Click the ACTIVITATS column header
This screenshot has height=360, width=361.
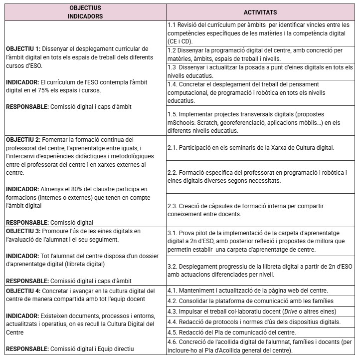point(260,12)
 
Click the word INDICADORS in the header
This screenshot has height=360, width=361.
point(85,16)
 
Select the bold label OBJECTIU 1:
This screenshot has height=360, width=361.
point(23,49)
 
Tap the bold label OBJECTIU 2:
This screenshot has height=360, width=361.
point(23,140)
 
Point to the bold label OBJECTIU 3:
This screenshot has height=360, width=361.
point(23,231)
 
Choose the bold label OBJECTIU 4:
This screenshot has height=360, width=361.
point(23,291)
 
